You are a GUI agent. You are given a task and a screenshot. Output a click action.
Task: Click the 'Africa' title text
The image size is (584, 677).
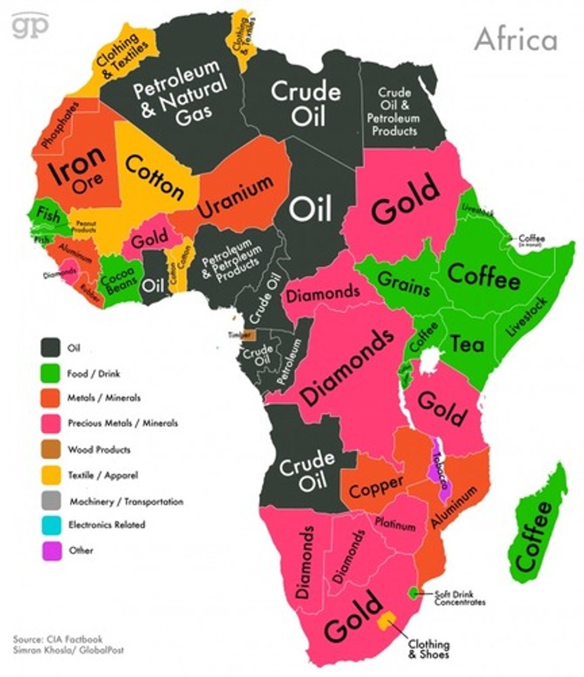[515, 39]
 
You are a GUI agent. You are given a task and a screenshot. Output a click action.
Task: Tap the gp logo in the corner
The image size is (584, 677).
[30, 27]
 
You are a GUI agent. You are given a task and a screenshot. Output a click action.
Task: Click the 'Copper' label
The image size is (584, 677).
[376, 486]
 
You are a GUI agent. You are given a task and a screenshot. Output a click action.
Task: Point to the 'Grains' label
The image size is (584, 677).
[403, 283]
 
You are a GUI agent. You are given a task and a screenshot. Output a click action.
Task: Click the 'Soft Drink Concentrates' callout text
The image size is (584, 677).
[459, 598]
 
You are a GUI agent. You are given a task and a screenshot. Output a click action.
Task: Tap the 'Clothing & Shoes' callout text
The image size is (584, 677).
[428, 649]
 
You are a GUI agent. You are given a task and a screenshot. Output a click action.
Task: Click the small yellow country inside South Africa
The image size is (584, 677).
[386, 619]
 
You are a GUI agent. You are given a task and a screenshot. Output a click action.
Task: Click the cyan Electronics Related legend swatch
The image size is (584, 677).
[51, 525]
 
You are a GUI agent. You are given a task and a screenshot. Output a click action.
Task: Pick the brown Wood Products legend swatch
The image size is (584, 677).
[51, 450]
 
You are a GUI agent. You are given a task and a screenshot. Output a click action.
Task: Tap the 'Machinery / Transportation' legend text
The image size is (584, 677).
[126, 501]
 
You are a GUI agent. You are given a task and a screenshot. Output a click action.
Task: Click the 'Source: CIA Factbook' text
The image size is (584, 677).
[57, 639]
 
